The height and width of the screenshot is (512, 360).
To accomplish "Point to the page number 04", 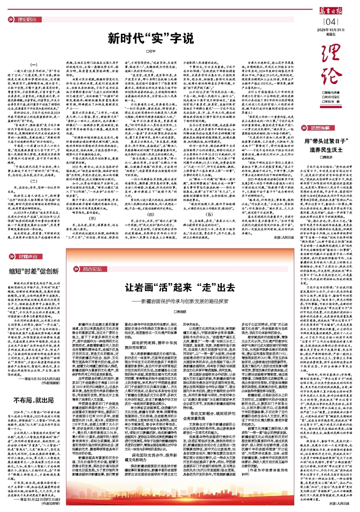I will [x=331, y=21].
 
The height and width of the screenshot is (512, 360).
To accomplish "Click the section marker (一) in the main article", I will [x=34, y=65].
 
